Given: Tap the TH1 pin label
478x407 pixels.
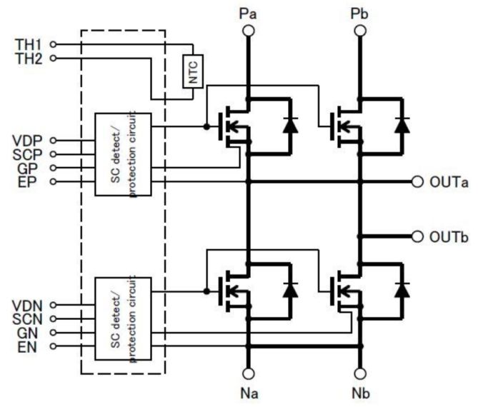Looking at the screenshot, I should pos(29,44).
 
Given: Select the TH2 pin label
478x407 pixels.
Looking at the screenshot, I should pos(29,59).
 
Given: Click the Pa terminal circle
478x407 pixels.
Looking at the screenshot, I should pos(248,30).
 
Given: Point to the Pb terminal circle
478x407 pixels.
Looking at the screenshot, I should pos(359,30).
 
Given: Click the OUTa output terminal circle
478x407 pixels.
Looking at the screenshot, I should pos(418,181).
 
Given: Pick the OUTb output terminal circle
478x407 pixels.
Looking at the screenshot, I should pos(418,236).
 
